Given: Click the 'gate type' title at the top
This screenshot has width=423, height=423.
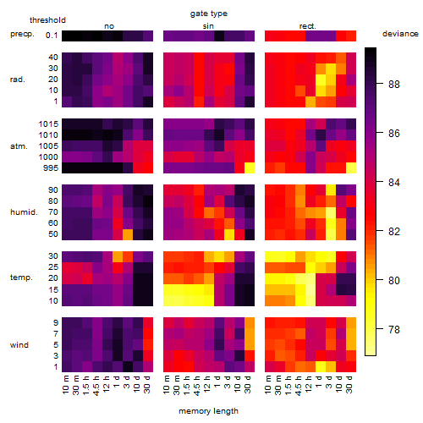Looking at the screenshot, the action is coord(209,14).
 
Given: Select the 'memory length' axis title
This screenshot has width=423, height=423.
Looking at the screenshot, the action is coord(208,411).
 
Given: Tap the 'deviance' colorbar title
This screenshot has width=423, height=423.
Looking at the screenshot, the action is coord(400,34).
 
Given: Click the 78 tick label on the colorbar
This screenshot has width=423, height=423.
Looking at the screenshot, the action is coord(394,329).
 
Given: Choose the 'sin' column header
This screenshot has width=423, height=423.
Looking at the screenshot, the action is coord(208,26).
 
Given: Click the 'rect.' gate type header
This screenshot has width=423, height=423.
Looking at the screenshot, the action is coord(307,26).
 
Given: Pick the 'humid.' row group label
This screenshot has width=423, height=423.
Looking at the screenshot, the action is coord(24,212).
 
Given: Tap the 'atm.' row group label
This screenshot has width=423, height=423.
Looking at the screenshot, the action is coord(19,146).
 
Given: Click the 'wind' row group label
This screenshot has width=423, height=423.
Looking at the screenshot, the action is coord(19,345).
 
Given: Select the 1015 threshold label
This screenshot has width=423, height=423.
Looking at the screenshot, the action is coord(48,124).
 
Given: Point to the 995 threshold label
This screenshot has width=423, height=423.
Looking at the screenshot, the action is coord(51,168).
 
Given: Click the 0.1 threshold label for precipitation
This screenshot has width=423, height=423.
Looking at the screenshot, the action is coord(52,36).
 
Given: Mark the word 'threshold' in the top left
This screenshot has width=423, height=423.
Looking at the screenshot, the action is coord(47,20).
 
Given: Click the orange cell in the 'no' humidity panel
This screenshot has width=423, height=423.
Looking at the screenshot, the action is coord(128,234).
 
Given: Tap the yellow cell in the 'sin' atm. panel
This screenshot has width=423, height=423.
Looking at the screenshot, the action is coord(250,168).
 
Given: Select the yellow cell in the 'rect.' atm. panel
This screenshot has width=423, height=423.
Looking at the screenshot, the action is coord(351,168).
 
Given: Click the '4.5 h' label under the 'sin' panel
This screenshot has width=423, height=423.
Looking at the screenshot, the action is coord(197,386).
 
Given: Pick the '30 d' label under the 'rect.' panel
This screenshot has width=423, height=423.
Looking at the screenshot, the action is coord(349,384).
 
